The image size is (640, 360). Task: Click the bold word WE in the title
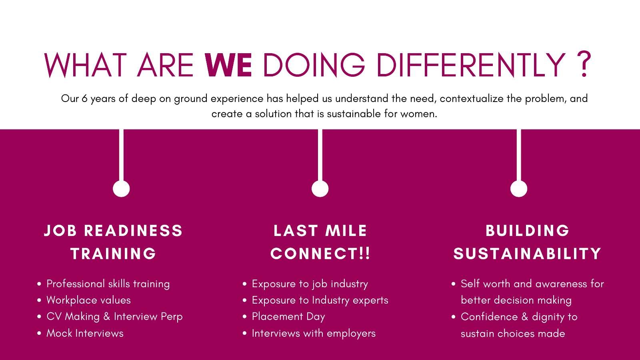pyautogui.click(x=228, y=65)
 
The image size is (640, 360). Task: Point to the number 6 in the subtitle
pyautogui.click(x=84, y=98)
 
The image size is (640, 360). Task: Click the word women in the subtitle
pyautogui.click(x=418, y=114)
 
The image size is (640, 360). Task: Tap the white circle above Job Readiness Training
pyautogui.click(x=121, y=188)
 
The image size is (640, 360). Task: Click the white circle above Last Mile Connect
pyautogui.click(x=320, y=188)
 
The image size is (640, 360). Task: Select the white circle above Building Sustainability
pyautogui.click(x=519, y=188)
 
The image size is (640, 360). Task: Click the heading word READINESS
pyautogui.click(x=134, y=230)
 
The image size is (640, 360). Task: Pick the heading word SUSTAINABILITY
pyautogui.click(x=528, y=254)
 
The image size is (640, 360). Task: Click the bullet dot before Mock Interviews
pyautogui.click(x=39, y=333)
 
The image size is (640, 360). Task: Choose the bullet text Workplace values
pyautogui.click(x=88, y=300)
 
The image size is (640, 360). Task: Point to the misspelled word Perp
pyautogui.click(x=172, y=317)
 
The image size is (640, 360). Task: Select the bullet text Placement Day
pyautogui.click(x=288, y=317)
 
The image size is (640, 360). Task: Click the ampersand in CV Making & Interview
pyautogui.click(x=106, y=316)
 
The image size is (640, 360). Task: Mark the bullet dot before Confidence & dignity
pyautogui.click(x=454, y=317)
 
